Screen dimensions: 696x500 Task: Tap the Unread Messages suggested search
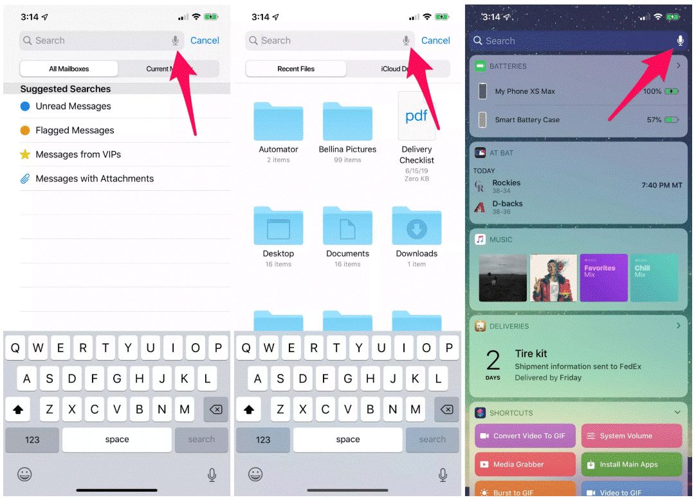tap(73, 106)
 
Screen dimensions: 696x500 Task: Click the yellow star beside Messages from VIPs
tap(25, 154)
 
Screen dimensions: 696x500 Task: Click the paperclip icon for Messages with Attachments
tap(25, 179)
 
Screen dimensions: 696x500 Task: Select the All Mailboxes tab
tap(69, 69)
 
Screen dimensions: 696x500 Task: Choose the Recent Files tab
tap(296, 69)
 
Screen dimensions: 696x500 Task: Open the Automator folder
tap(279, 121)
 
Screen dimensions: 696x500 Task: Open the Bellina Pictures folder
tap(347, 121)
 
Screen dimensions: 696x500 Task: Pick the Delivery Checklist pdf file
tap(416, 116)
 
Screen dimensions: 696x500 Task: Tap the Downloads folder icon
tap(417, 226)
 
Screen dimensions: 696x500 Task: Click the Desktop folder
tap(279, 226)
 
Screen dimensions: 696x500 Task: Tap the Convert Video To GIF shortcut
tap(525, 436)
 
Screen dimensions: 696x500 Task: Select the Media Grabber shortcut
tap(525, 464)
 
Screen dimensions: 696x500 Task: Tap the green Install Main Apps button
tap(632, 464)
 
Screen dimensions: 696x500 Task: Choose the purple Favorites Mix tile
tap(603, 278)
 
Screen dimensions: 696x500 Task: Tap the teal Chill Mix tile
tap(654, 278)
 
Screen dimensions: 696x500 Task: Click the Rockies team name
tap(506, 183)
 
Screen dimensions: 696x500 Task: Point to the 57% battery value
tap(654, 120)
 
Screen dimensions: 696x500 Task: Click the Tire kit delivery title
tap(531, 353)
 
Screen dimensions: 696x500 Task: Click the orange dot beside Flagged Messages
tap(25, 130)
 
